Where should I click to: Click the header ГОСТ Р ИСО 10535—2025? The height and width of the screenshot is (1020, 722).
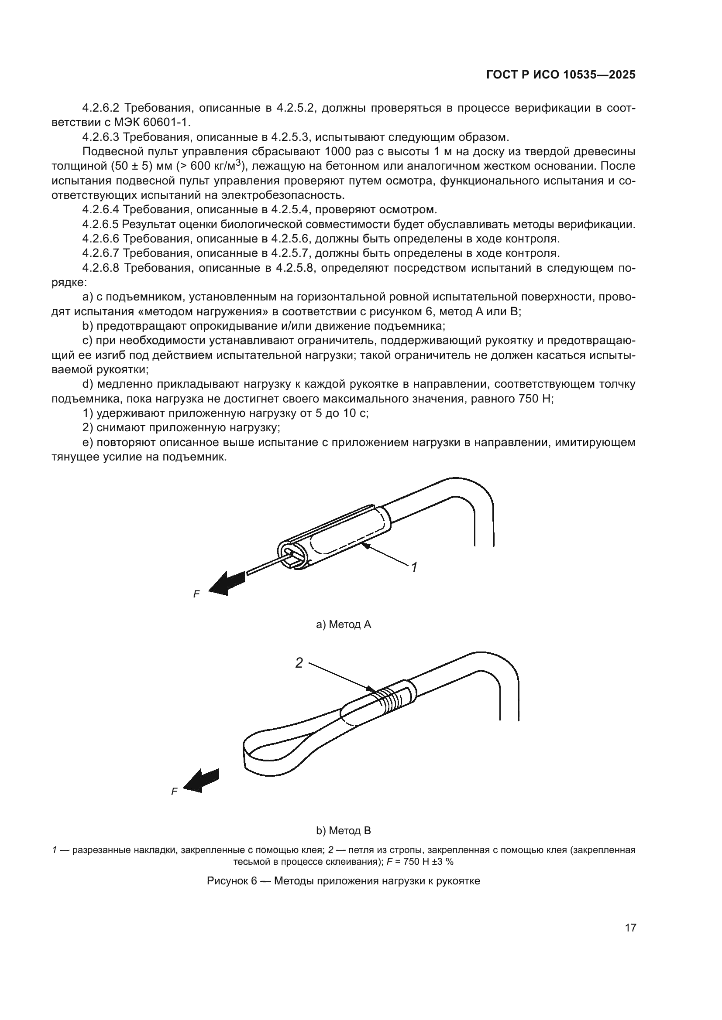tap(560, 75)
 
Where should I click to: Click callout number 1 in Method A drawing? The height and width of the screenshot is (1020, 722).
tap(414, 567)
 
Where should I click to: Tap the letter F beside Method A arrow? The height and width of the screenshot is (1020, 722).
tap(196, 594)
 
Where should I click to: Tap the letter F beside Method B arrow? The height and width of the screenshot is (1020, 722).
tap(174, 791)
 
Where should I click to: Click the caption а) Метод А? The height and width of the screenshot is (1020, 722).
tap(343, 624)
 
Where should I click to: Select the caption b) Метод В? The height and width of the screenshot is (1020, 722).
tap(343, 831)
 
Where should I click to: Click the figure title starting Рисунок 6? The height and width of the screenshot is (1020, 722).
tap(343, 881)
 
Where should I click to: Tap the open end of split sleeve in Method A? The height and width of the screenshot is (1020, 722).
tap(291, 555)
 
